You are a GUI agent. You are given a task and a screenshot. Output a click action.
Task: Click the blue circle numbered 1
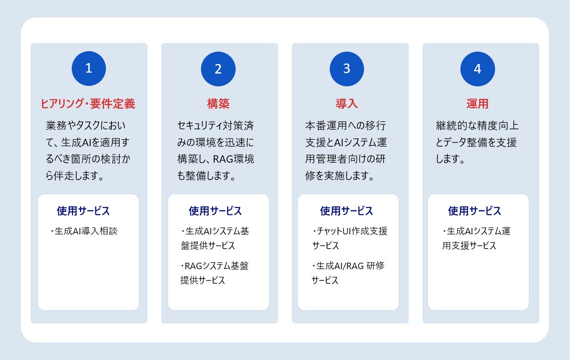coord(89,69)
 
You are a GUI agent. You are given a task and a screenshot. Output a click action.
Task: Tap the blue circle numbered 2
coord(218,69)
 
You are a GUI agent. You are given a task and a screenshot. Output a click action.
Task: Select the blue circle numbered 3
coord(347,69)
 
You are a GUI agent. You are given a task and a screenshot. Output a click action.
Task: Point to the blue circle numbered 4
coord(477,69)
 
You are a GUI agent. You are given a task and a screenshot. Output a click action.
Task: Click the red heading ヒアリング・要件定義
coord(88,104)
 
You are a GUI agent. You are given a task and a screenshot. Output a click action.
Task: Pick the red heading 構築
coord(218,104)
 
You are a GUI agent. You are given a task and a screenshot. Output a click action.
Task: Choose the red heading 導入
coord(347,104)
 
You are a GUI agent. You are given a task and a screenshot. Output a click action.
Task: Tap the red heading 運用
coord(477,104)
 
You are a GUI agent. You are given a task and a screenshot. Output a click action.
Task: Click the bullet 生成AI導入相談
coord(86,231)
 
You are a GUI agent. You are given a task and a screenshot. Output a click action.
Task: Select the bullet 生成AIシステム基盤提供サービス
coord(215,238)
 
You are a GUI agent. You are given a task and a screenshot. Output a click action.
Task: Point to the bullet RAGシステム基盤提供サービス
coord(214,273)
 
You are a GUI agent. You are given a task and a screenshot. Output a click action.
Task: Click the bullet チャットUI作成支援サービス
coord(349,238)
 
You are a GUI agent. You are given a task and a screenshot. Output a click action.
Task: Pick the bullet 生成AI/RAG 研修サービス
coord(348,273)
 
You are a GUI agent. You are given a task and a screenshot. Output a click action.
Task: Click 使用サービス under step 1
coord(83,211)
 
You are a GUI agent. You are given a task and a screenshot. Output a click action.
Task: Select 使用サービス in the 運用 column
coord(475,211)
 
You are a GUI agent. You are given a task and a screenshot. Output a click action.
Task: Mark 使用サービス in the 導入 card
coord(346,211)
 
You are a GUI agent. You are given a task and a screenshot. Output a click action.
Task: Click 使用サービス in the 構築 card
coord(215,211)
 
